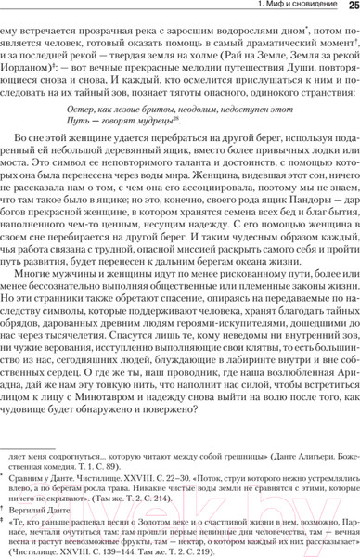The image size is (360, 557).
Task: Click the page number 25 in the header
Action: pyautogui.click(x=349, y=6)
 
